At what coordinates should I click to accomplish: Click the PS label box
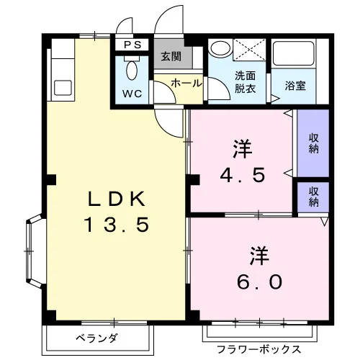(x=132, y=45)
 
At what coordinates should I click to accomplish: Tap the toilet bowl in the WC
(x=132, y=71)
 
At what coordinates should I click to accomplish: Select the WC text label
(x=132, y=94)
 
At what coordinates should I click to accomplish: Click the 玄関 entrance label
(x=171, y=57)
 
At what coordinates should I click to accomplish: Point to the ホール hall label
(x=186, y=84)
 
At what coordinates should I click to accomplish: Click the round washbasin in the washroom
(x=220, y=49)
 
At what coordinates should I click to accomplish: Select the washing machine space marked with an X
(x=249, y=50)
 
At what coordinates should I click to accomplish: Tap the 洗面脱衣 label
(x=245, y=82)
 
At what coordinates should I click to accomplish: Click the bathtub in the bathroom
(x=294, y=53)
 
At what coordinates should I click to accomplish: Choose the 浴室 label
(x=295, y=86)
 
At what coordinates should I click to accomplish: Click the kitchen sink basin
(x=63, y=88)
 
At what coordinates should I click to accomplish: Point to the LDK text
(x=117, y=199)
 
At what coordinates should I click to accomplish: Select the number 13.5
(x=117, y=225)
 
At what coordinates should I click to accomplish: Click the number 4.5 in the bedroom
(x=243, y=175)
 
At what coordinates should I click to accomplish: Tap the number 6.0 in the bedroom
(x=260, y=282)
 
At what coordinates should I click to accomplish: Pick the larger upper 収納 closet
(x=313, y=143)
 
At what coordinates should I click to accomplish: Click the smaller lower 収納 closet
(x=313, y=197)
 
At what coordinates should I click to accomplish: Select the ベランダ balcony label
(x=96, y=338)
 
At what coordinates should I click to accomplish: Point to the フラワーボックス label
(x=259, y=349)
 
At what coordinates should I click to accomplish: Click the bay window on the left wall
(x=35, y=251)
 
